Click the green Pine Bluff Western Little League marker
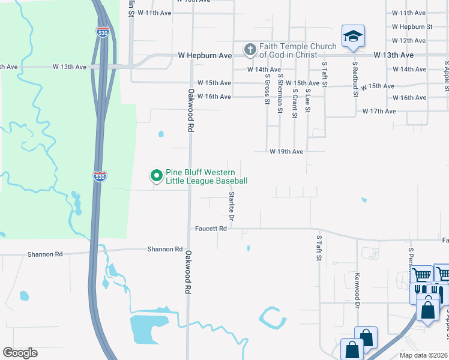pyautogui.click(x=156, y=176)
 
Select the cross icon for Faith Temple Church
pyautogui.click(x=250, y=50)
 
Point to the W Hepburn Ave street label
pyautogui.click(x=205, y=55)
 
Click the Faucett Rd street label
pyautogui.click(x=211, y=229)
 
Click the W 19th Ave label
pyautogui.click(x=286, y=152)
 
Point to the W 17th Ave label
pyautogui.click(x=379, y=112)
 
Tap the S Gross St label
pyautogui.click(x=267, y=89)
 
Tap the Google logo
pyautogui.click(x=20, y=353)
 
